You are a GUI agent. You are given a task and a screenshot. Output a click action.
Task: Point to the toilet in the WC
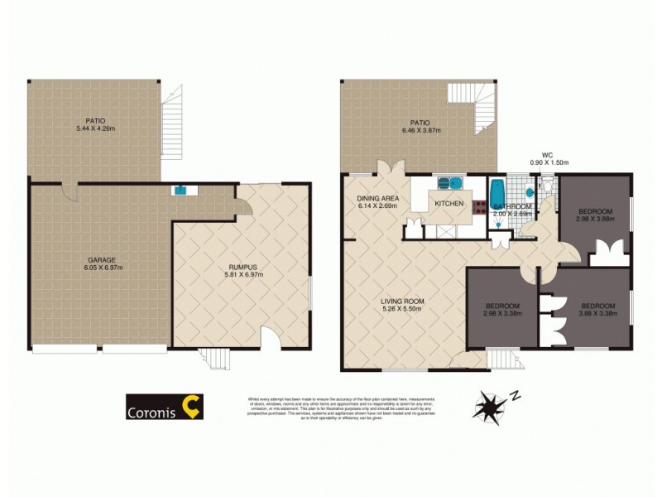coord(546,189)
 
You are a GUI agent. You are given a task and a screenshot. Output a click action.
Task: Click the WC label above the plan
coord(546,154)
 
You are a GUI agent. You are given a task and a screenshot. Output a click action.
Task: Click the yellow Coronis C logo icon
coord(192,406)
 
